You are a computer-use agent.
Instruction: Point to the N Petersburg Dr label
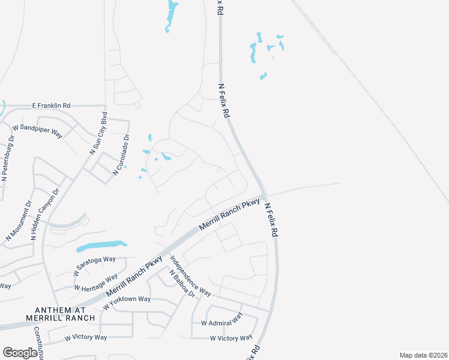tap(8, 159)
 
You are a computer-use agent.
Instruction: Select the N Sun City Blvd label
tap(98, 133)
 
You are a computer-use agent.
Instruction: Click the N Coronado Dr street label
tap(121, 155)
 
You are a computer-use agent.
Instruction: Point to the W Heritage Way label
tap(95, 283)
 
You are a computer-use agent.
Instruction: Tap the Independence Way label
tap(190, 276)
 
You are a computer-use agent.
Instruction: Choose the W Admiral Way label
tap(221, 319)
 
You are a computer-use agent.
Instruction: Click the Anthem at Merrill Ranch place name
tap(60, 313)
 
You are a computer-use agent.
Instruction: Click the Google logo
tap(20, 353)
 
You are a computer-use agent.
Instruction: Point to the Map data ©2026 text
tap(423, 355)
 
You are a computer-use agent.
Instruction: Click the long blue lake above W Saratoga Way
tap(101, 246)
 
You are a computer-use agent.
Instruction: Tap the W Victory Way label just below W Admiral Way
tap(231, 338)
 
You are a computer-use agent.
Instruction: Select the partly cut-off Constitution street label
tap(38, 343)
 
